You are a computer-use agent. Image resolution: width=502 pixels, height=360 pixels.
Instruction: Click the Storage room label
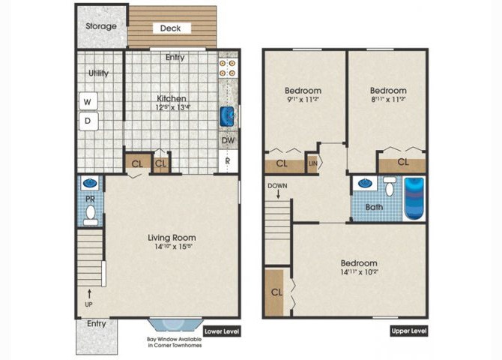(x=100, y=26)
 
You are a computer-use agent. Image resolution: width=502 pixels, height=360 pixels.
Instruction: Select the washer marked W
(x=88, y=101)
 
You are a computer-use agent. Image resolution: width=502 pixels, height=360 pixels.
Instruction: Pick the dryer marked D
(x=88, y=120)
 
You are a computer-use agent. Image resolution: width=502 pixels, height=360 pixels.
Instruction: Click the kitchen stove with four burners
(x=227, y=68)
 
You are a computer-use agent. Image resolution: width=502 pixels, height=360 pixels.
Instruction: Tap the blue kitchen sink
(x=228, y=116)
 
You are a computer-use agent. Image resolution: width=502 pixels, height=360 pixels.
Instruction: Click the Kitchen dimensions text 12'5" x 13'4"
(x=172, y=107)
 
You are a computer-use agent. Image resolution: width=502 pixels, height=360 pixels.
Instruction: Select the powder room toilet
(x=91, y=215)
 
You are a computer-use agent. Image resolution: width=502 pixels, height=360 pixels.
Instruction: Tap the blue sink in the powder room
(x=90, y=183)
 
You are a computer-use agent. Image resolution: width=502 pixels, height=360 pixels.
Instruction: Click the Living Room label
(x=172, y=238)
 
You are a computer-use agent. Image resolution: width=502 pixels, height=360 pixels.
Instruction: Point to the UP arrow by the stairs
(x=89, y=292)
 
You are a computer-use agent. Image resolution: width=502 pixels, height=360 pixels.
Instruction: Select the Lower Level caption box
(x=222, y=331)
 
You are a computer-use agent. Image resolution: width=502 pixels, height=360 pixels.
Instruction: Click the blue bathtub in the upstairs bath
(x=414, y=198)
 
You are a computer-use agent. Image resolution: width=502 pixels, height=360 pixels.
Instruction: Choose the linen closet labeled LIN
(x=312, y=163)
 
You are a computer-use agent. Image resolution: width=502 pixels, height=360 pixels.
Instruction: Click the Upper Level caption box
(x=409, y=331)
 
